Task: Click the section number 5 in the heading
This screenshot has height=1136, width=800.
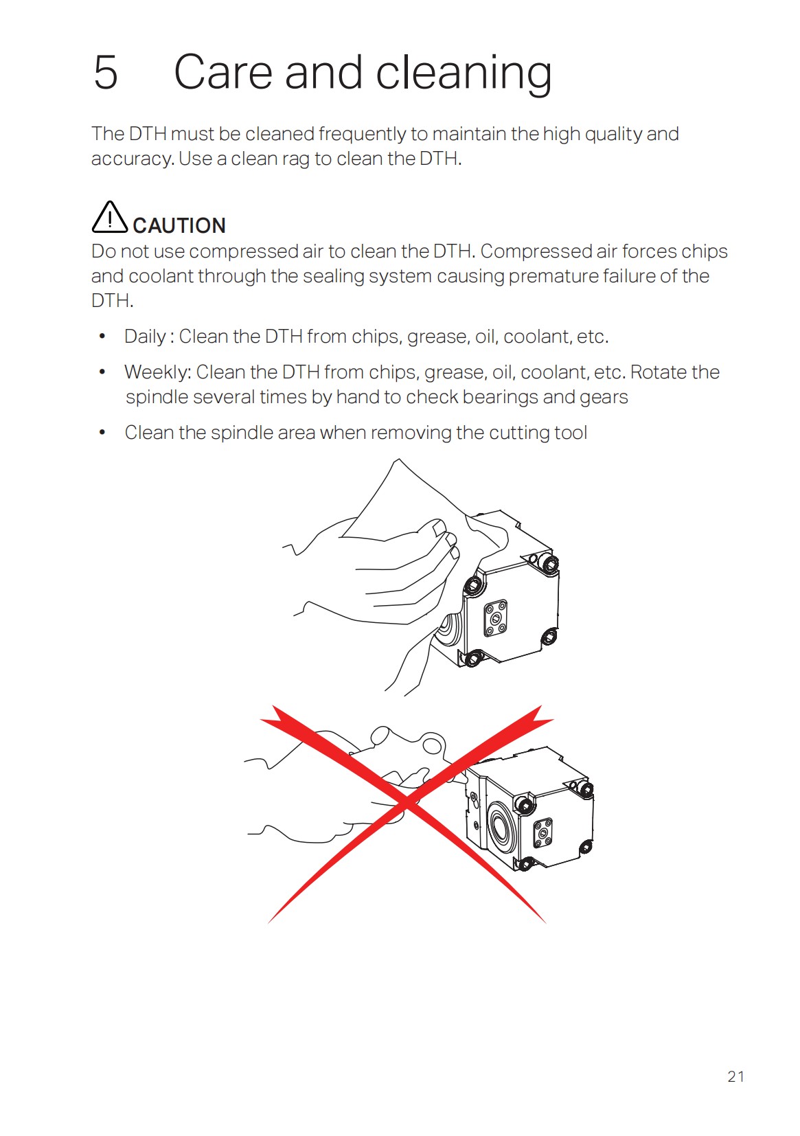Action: pos(106,72)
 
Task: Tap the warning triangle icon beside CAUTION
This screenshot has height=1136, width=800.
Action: pos(109,217)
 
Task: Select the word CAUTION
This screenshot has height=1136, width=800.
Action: pos(179,225)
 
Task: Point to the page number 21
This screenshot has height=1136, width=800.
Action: pos(735,1076)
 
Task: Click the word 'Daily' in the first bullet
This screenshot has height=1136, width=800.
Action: pos(145,337)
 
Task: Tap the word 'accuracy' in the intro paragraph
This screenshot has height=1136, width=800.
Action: pos(131,159)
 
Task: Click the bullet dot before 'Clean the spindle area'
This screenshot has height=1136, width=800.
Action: pos(102,433)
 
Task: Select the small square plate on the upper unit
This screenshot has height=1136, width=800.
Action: pos(495,618)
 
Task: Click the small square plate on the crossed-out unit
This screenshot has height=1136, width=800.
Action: pos(542,832)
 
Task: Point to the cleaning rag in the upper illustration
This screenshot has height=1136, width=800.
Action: pos(405,508)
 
